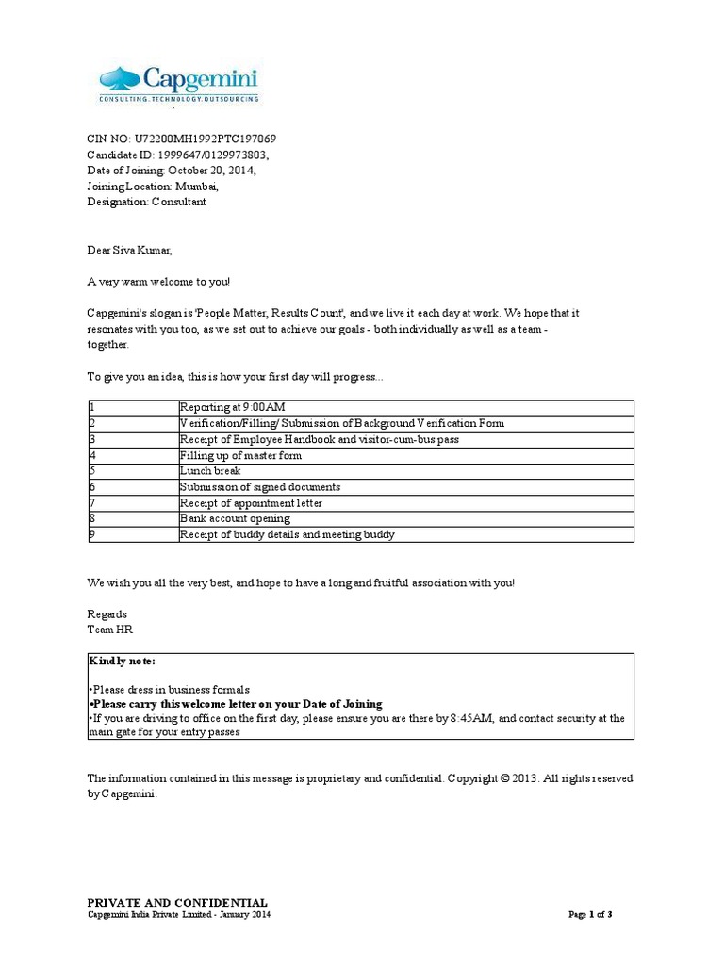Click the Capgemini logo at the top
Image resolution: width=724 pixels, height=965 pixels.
click(179, 83)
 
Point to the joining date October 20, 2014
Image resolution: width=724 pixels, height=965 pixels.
click(211, 171)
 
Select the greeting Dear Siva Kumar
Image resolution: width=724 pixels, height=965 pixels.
click(130, 250)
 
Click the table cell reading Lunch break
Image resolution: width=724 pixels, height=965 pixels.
click(210, 471)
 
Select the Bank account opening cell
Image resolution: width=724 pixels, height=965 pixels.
click(235, 518)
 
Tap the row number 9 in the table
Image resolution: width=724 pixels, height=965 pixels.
click(91, 534)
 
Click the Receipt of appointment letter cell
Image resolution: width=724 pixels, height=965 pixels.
click(251, 503)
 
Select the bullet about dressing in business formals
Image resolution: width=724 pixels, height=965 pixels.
click(171, 689)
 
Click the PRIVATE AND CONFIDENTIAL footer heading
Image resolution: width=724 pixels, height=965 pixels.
click(177, 902)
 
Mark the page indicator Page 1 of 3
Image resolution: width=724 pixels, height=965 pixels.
click(591, 914)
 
